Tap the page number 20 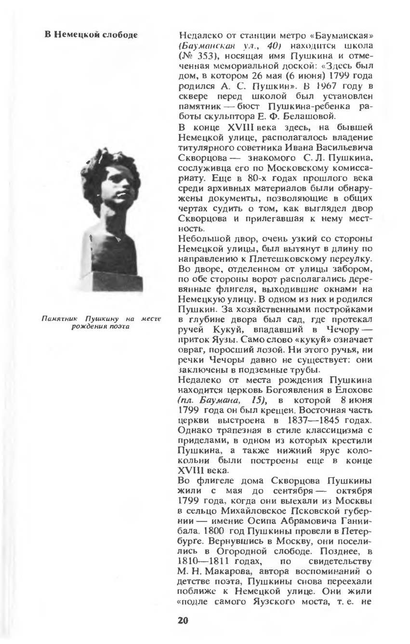(x=183, y=620)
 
